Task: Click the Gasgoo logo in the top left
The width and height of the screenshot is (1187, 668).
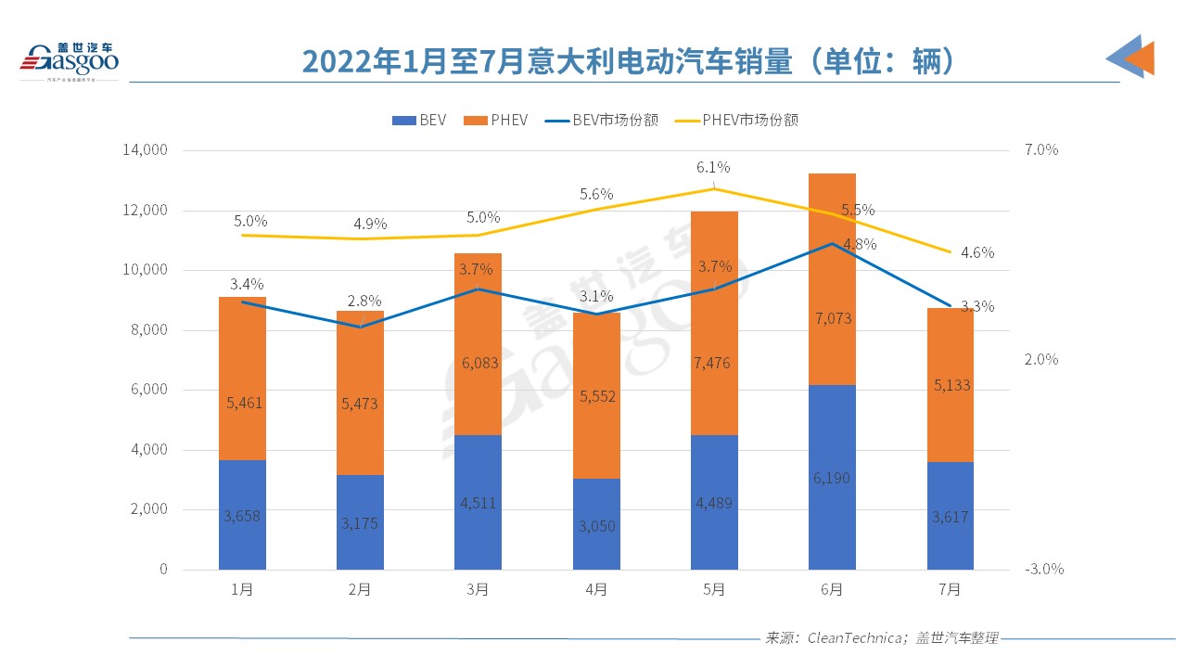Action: pos(70,60)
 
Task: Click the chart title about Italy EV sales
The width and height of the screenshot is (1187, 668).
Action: pos(628,61)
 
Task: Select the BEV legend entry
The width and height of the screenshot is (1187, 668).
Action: pos(419,120)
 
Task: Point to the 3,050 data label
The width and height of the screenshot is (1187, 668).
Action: pos(596,526)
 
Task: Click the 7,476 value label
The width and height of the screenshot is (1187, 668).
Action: pos(714,363)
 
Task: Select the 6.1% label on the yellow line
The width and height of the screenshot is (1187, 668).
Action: pos(714,168)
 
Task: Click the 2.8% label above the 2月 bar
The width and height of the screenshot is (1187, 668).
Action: pos(363,301)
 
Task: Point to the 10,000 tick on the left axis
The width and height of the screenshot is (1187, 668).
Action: pos(145,270)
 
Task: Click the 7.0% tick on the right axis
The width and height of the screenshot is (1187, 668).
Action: pos(1041,150)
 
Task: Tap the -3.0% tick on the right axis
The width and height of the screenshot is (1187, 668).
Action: pos(1043,570)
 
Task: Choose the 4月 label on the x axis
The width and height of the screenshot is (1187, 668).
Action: pos(596,590)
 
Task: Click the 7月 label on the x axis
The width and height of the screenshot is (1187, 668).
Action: pos(950,590)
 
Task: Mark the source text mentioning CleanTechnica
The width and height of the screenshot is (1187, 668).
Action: pos(881,638)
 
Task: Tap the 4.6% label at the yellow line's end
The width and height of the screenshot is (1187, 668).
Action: pos(976,252)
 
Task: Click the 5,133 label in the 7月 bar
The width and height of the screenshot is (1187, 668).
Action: pos(950,385)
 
